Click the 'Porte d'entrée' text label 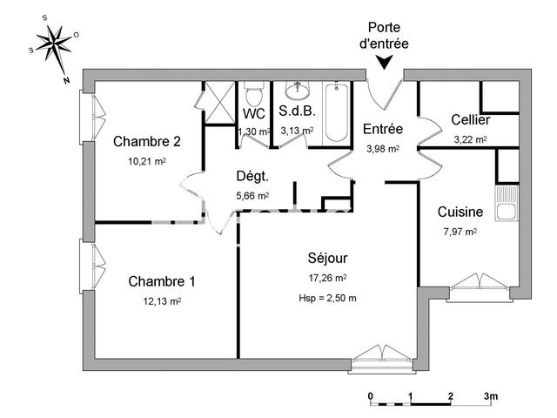(383, 34)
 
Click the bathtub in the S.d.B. (336, 112)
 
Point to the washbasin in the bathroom (298, 90)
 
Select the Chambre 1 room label (161, 281)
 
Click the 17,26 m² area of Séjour (327, 278)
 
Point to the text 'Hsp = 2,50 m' (327, 299)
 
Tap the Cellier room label (470, 119)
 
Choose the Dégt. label (252, 176)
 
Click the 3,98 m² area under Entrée (383, 148)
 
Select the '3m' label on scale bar (491, 395)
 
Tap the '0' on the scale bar (371, 395)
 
